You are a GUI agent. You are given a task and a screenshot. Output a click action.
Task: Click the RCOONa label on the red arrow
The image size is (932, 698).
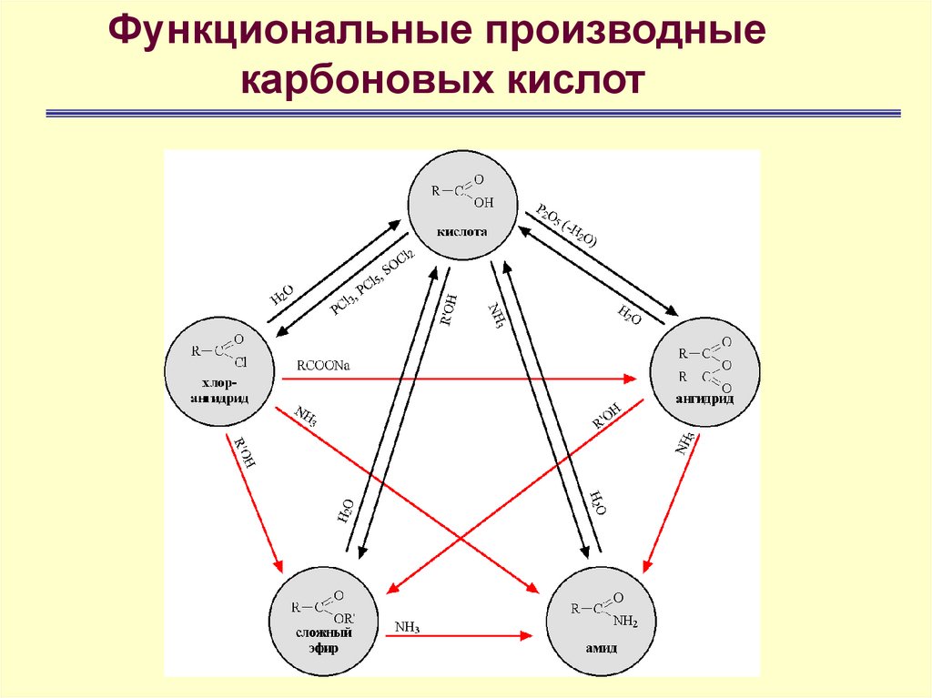point(323,366)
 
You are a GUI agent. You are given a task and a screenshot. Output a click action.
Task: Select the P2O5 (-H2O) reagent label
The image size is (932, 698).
point(566,226)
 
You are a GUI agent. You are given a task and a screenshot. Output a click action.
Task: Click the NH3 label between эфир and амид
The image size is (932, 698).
point(407,626)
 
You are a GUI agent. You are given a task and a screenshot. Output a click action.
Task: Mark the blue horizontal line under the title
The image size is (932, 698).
point(473,114)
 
